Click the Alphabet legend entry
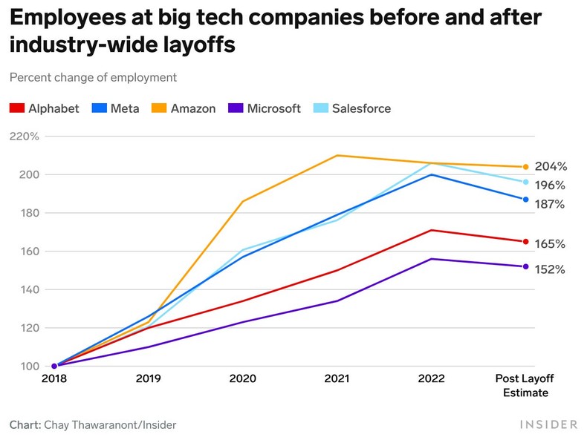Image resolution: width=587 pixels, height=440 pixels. (x=45, y=108)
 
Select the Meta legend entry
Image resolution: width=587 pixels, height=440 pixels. (x=116, y=108)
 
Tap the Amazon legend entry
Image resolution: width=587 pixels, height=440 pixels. (x=184, y=108)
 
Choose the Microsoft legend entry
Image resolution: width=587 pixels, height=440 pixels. (x=265, y=108)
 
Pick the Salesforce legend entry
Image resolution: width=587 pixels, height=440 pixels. (x=352, y=108)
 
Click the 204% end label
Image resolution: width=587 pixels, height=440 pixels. (x=551, y=166)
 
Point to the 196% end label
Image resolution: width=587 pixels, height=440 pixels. (x=551, y=185)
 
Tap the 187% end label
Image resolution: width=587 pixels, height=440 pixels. (x=551, y=204)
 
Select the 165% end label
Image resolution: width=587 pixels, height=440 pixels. (x=551, y=243)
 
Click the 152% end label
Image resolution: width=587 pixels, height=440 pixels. (x=551, y=269)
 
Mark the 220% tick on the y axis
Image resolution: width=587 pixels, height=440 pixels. (x=25, y=137)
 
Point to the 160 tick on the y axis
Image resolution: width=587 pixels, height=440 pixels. (x=20, y=251)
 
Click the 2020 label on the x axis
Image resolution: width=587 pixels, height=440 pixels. (x=243, y=378)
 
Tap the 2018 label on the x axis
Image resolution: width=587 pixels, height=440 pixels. (x=54, y=378)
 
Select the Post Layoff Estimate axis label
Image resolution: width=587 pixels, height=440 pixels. (x=525, y=385)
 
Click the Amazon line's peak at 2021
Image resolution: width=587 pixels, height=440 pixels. (x=337, y=155)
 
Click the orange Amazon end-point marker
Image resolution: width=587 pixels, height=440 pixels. (x=525, y=167)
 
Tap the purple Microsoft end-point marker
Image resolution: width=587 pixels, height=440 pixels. (x=525, y=266)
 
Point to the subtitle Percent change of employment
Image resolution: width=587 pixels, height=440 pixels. (x=93, y=77)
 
